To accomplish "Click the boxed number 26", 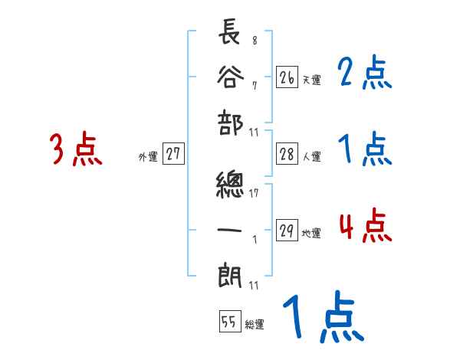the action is tap(287, 77).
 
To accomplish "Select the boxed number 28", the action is tap(287, 154).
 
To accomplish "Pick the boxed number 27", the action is tap(173, 154).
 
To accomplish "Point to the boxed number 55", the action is tap(228, 322).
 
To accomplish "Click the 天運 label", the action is tap(311, 79).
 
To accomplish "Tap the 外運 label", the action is tap(147, 156).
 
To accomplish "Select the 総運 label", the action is tap(254, 324).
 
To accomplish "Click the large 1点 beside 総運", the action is tap(322, 318).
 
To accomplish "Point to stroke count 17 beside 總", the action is tap(254, 192).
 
